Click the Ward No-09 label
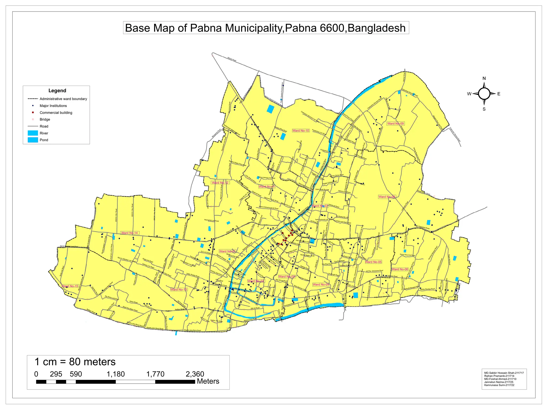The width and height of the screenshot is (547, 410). point(396,124)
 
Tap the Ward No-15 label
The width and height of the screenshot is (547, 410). point(70,286)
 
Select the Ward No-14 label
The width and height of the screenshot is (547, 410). point(130,233)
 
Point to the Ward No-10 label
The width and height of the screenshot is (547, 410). point(301,131)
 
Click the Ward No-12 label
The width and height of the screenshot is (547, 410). point(220,183)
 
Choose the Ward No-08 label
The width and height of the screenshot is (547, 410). point(387,197)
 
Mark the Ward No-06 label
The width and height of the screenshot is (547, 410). point(400,269)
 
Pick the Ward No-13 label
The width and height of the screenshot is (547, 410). point(179,290)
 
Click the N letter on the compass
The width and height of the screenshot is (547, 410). point(484,78)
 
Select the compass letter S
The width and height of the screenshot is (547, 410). point(484,109)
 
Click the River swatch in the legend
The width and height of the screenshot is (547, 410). point(33,133)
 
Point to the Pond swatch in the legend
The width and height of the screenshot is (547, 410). point(33,140)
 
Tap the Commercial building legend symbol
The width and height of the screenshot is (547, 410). point(33,113)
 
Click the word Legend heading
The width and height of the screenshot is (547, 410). point(57,91)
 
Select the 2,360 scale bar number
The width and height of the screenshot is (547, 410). point(195,374)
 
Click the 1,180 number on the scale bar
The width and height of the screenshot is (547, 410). point(116,374)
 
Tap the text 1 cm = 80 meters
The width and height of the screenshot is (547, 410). point(75,362)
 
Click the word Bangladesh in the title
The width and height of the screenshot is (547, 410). point(377,28)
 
